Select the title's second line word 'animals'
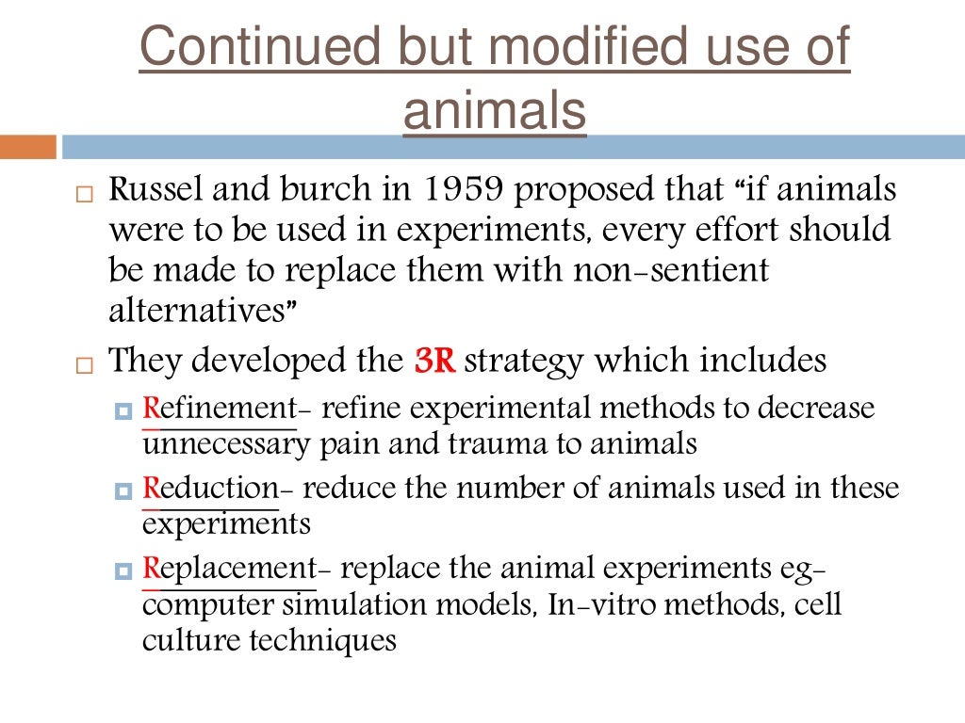click(495, 112)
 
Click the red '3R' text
click(434, 361)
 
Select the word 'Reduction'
click(211, 490)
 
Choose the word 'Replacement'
click(230, 570)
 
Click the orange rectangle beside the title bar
click(27, 147)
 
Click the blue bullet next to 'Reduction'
click(123, 491)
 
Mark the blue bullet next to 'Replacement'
click(123, 571)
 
